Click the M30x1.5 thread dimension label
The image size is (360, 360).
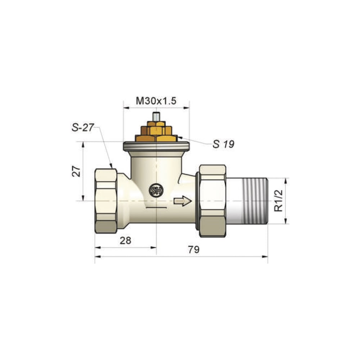[156, 101]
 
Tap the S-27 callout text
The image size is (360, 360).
[83, 128]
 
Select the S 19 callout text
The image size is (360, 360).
[224, 144]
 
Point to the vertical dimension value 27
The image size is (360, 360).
[76, 171]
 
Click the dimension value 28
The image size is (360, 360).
[125, 240]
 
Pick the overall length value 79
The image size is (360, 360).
[194, 249]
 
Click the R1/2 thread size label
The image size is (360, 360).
[279, 201]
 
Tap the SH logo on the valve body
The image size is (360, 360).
[156, 190]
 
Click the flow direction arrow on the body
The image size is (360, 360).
[183, 201]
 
